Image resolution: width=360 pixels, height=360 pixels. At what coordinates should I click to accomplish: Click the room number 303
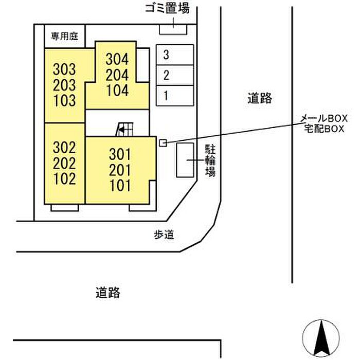coord(64,69)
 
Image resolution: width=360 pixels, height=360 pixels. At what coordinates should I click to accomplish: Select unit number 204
coord(117,75)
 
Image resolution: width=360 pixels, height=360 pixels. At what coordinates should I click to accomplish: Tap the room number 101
coord(120,185)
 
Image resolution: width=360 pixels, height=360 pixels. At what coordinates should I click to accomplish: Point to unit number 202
coord(64,164)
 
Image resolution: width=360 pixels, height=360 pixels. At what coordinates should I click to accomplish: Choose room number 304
coord(117,59)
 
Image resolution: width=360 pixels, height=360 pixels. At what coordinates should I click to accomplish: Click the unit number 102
coord(64,179)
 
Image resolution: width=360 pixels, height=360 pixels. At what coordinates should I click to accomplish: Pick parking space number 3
coord(166,54)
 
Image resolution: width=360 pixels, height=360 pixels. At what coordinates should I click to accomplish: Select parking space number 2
coord(166,76)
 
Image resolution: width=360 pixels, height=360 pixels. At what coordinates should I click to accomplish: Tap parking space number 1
coord(166,95)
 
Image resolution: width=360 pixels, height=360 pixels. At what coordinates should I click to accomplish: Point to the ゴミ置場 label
coord(168,9)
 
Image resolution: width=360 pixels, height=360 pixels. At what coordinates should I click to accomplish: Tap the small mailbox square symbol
coord(163,142)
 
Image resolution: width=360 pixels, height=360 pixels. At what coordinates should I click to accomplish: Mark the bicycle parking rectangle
coord(185,160)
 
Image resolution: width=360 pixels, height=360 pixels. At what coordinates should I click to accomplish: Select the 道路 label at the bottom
coord(108,293)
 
